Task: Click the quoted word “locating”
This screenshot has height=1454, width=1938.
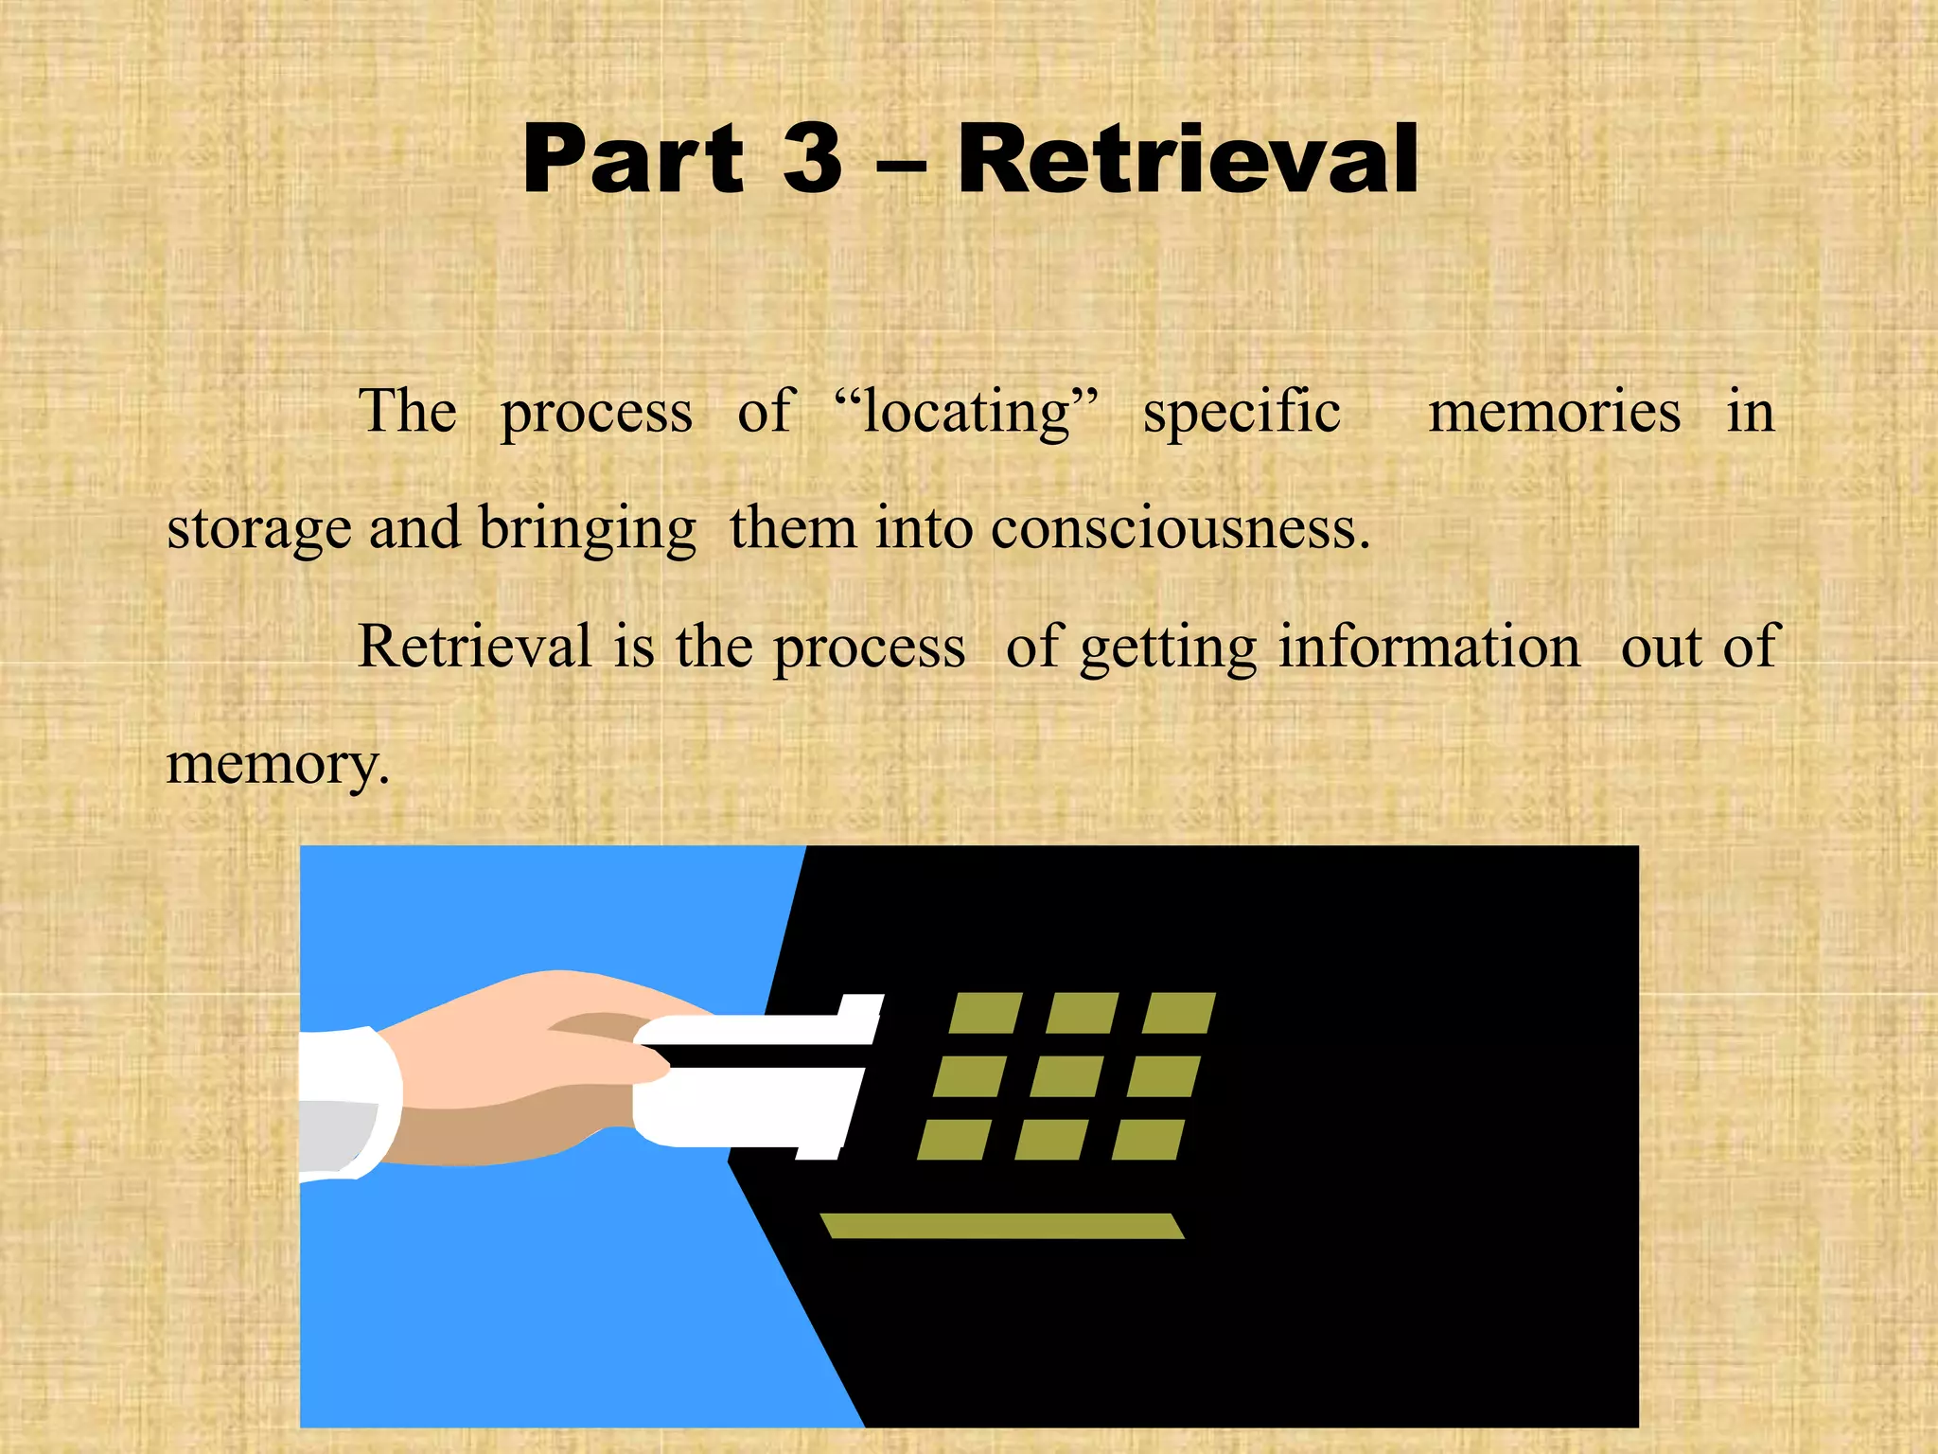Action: click(x=966, y=413)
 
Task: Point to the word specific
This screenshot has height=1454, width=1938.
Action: click(x=1242, y=413)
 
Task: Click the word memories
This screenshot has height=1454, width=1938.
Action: click(x=1554, y=413)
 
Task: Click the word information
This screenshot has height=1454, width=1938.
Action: click(x=1429, y=647)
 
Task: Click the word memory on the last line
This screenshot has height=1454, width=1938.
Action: click(x=276, y=765)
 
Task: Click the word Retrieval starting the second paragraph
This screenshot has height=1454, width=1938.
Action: click(x=474, y=647)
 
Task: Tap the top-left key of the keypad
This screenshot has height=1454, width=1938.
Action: click(x=985, y=1013)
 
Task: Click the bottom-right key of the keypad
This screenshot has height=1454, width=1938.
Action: click(x=1148, y=1140)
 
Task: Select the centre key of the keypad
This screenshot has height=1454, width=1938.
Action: click(x=1066, y=1076)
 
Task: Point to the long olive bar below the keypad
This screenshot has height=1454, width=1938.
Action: click(x=1002, y=1226)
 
